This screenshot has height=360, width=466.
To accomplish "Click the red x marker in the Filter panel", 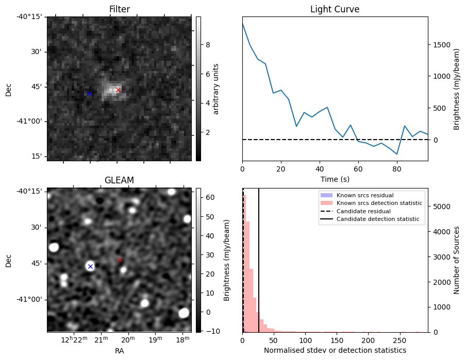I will tap(118, 90).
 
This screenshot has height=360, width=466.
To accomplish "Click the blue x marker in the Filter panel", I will tap(89, 93).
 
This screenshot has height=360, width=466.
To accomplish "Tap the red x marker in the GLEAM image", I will tap(120, 260).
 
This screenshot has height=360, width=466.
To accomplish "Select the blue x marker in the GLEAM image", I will tap(90, 266).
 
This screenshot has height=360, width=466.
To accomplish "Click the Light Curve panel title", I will tap(335, 9).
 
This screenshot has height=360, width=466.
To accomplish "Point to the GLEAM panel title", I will tap(119, 180).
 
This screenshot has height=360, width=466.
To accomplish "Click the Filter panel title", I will tap(119, 9).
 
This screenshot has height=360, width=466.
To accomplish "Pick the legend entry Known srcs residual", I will tap(365, 195).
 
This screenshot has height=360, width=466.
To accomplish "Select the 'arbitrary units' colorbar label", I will tap(216, 89).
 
